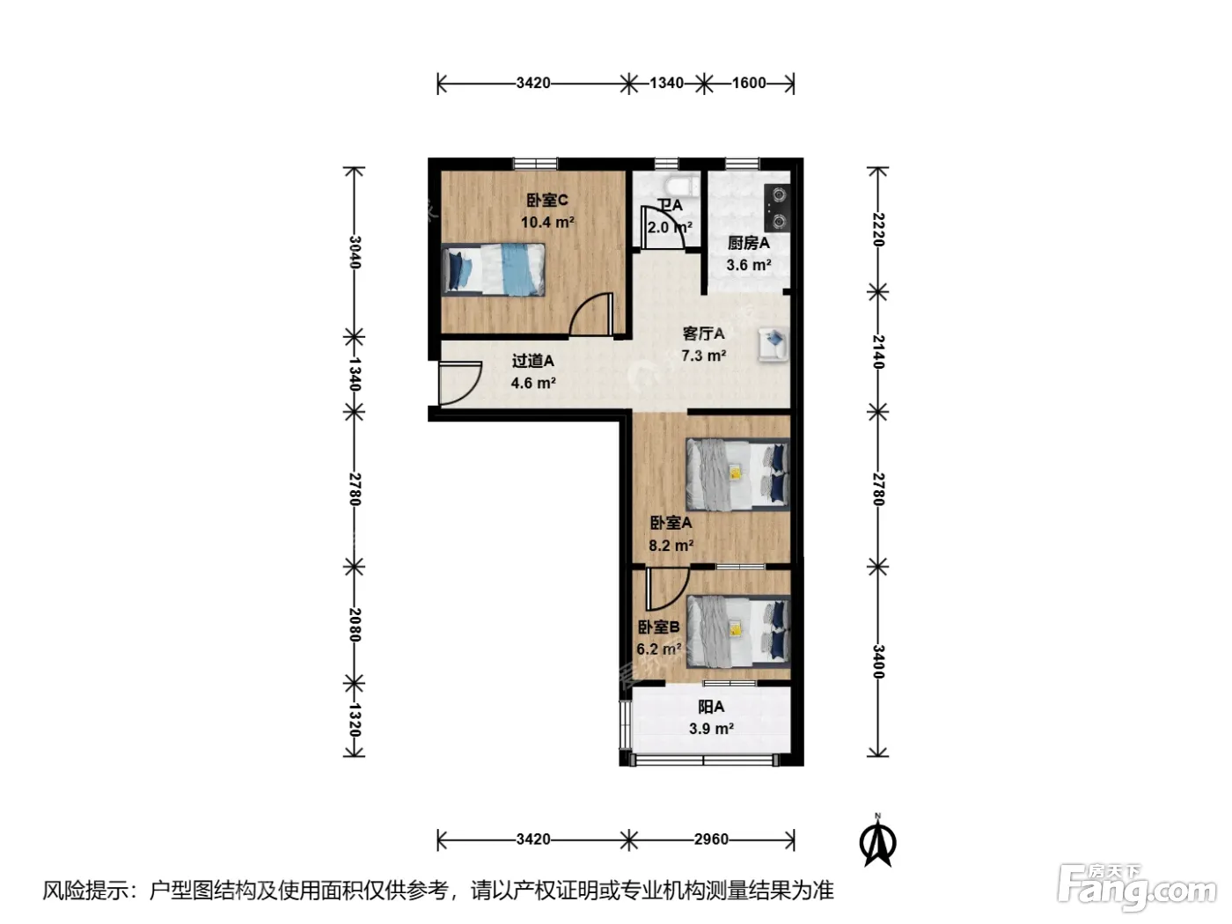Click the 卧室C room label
coord(546,201)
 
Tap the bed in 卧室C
coord(494,269)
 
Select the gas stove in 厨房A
coord(777,208)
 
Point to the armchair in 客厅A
coord(773,344)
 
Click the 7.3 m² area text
coord(703,356)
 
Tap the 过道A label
coord(532,361)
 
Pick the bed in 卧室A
coord(737,474)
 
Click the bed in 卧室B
coord(737,632)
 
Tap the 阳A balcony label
coord(710,707)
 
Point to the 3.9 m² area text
coord(711,729)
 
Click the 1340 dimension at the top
coord(666,83)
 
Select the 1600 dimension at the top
coord(749,83)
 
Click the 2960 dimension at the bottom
coord(711,840)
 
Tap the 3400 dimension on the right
coord(878,662)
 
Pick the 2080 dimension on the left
coord(354,625)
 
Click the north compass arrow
coord(878,840)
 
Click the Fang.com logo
coord(1137,887)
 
